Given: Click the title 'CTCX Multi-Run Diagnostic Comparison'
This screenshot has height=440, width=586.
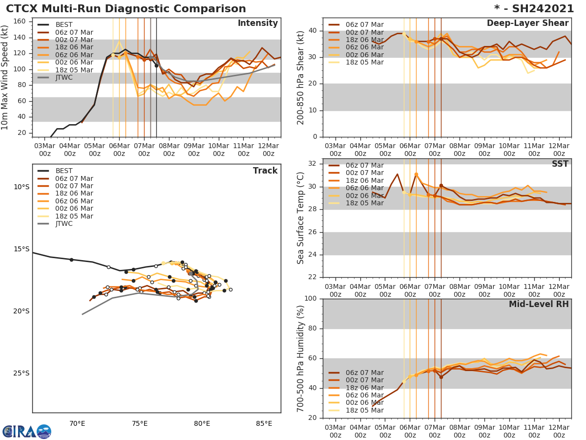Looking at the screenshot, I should tap(126, 9).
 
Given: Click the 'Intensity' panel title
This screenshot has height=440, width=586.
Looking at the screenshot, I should tap(258, 23).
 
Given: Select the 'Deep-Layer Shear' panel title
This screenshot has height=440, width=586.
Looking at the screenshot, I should tap(527, 23).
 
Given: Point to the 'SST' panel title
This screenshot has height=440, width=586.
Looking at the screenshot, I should tap(560, 164).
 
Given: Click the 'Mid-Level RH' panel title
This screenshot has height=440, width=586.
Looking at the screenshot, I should tap(539, 305).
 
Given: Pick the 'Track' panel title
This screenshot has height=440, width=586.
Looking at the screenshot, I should tap(265, 171).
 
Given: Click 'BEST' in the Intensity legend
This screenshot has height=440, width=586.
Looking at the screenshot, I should tap(64, 25).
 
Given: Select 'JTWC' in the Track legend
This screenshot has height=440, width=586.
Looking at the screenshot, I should tap(64, 224).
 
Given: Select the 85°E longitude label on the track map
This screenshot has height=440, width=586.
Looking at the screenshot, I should tap(264, 423).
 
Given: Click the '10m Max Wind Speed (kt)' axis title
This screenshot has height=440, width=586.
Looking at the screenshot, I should tap(5, 78).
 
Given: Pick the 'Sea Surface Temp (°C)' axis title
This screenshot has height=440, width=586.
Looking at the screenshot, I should tap(301, 219).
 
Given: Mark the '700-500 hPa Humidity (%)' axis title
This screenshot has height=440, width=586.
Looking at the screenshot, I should tap(301, 358).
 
